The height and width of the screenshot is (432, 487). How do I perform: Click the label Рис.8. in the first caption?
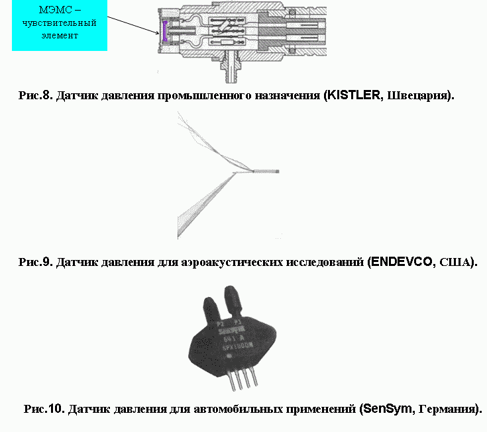coord(36,95)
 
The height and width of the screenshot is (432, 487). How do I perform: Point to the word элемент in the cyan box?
coord(58,35)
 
